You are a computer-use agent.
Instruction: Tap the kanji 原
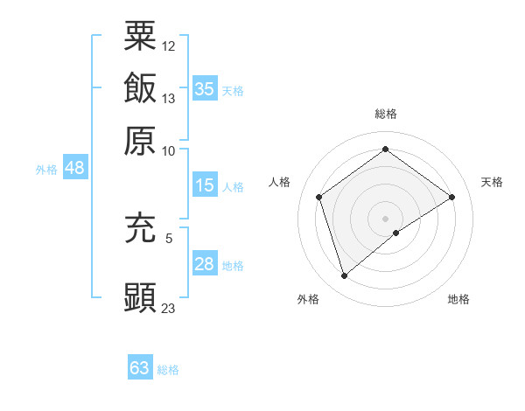click(x=140, y=140)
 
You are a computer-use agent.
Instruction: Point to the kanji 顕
click(x=140, y=296)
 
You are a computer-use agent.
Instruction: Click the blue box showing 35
click(x=204, y=88)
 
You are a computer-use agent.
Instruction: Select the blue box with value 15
click(x=204, y=185)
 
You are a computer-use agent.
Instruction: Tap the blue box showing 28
click(x=204, y=264)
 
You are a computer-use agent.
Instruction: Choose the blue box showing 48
click(x=74, y=168)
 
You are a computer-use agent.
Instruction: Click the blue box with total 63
click(x=140, y=368)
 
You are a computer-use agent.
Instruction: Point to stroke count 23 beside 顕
click(x=169, y=308)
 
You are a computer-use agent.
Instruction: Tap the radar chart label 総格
click(x=386, y=114)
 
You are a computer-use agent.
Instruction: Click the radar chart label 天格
click(x=492, y=182)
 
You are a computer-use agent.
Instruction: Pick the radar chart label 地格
click(x=458, y=299)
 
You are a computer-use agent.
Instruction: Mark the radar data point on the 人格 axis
click(x=319, y=197)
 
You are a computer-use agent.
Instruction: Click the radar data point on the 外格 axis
click(x=344, y=276)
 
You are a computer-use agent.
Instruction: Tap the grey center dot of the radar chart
click(x=386, y=218)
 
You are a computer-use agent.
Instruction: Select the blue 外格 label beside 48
click(x=46, y=170)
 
